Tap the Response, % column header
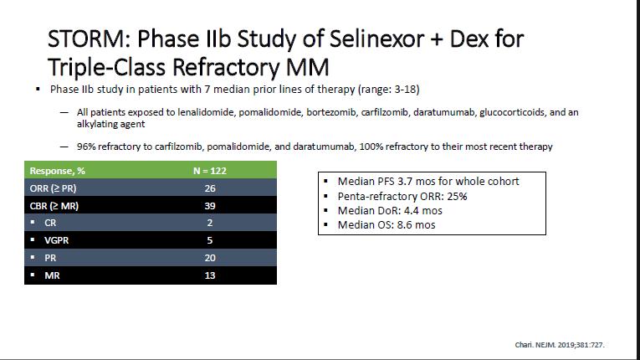click(x=58, y=171)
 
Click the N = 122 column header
click(x=210, y=171)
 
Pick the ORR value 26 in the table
click(x=210, y=188)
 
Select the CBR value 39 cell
click(x=210, y=206)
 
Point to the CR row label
click(x=50, y=223)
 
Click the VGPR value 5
click(x=210, y=240)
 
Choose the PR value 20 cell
click(x=210, y=258)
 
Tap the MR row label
click(x=52, y=275)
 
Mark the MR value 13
click(x=210, y=275)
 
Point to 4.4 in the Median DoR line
click(x=411, y=211)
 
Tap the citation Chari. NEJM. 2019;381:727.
click(x=560, y=345)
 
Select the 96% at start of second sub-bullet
click(x=86, y=147)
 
